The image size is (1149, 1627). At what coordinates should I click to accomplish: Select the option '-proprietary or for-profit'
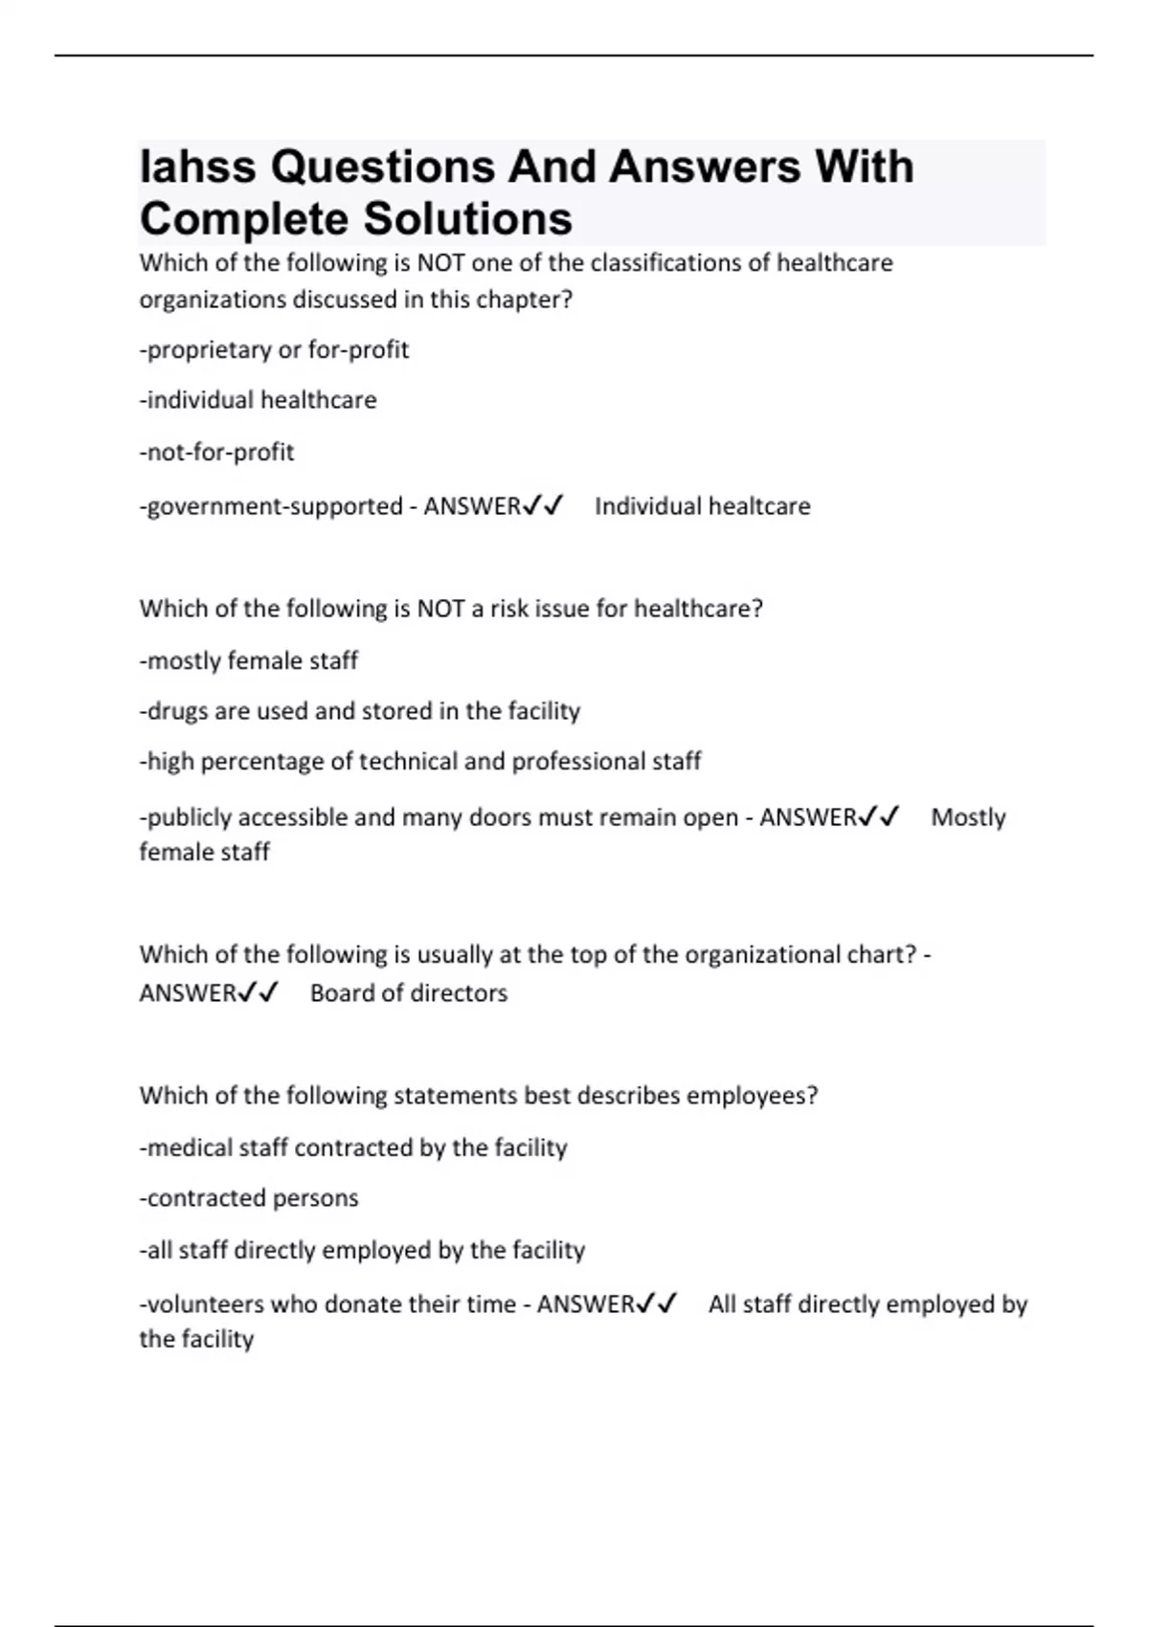(x=274, y=350)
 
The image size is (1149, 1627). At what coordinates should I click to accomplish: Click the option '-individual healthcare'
(x=258, y=400)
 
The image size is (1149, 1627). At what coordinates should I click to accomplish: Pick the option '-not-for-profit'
(x=216, y=452)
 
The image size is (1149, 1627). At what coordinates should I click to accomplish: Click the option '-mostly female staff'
(x=249, y=660)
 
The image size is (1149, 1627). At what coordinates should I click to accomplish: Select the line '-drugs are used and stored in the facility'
(x=360, y=711)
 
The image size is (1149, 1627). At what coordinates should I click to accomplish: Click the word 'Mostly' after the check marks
(x=968, y=817)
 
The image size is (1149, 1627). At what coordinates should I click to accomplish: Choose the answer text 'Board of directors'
(x=409, y=993)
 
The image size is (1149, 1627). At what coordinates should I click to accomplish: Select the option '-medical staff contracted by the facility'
(x=353, y=1148)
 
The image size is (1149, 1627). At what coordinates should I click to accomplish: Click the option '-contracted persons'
(x=249, y=1198)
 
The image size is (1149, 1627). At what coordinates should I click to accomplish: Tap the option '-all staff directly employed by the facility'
(x=362, y=1250)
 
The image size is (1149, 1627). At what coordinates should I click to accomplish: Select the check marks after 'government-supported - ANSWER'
(x=543, y=505)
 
